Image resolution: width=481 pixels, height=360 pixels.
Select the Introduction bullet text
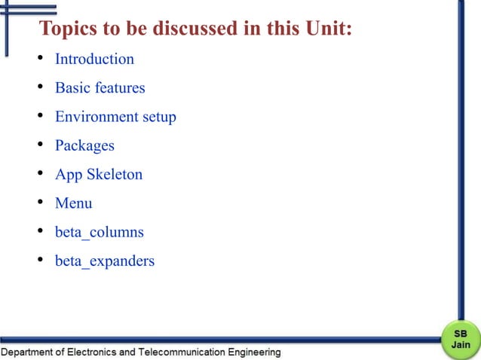94,59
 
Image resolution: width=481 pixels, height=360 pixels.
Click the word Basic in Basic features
72,87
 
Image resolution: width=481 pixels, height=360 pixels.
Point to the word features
119,87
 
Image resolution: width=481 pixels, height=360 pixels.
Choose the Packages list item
84,145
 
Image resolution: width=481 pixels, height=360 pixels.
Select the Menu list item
74,203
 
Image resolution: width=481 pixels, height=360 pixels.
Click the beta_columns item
99,232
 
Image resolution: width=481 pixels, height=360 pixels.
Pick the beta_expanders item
105,261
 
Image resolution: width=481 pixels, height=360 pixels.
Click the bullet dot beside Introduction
39,59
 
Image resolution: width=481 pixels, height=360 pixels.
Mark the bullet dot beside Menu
39,203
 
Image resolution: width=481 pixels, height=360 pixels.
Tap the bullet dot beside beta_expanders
39,261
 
